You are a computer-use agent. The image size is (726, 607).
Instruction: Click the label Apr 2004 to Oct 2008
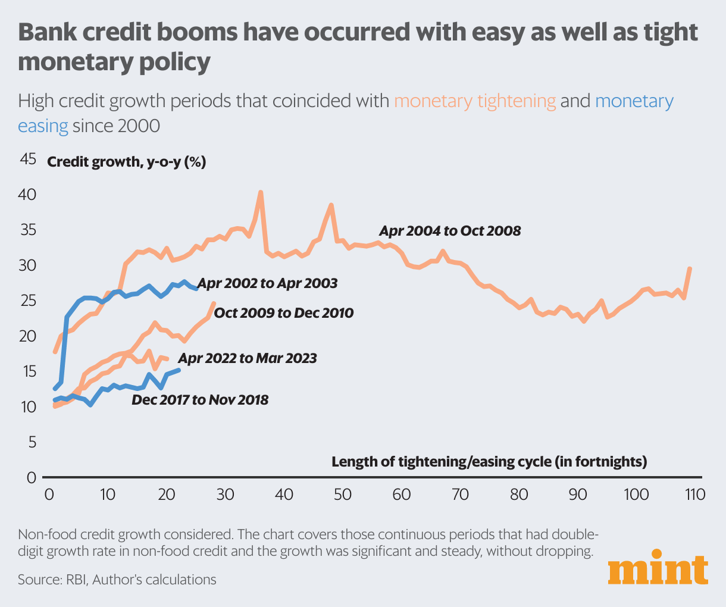[450, 231]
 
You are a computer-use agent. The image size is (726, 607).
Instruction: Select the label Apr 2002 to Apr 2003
[267, 283]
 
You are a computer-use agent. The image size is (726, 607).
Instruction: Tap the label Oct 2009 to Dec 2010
[284, 312]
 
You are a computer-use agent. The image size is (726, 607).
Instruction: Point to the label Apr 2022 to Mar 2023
[248, 358]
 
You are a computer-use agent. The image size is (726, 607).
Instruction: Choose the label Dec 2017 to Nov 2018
[200, 400]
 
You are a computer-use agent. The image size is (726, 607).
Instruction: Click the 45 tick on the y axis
[28, 159]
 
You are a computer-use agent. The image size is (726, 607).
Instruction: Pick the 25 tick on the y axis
[28, 301]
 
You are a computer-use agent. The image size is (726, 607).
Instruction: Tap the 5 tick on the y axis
[32, 443]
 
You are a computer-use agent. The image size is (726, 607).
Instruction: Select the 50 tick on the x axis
[343, 495]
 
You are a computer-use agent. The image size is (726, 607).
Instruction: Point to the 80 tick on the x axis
[519, 495]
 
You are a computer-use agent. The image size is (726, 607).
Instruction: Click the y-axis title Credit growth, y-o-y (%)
[126, 162]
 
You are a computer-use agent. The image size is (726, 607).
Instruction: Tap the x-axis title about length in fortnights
[489, 462]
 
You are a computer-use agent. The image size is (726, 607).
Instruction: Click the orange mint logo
[658, 571]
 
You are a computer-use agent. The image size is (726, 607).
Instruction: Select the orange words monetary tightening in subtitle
[475, 101]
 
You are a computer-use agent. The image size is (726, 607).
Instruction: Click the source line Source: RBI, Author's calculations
[117, 579]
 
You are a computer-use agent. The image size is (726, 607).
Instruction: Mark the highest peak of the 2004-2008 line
[260, 192]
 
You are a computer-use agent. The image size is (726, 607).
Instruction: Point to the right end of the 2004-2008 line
[690, 269]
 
